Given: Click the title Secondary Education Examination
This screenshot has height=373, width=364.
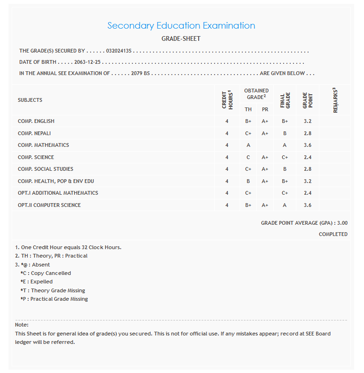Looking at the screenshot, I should (181, 26).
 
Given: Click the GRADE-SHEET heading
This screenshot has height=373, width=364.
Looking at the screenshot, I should (181, 39).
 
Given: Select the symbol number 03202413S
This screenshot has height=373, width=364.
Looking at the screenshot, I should (119, 51).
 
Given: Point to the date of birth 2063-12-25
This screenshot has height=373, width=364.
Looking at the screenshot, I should (88, 62).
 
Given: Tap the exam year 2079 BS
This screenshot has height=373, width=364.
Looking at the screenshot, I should (140, 74).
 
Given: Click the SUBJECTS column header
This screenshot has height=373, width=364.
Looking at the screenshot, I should (30, 100).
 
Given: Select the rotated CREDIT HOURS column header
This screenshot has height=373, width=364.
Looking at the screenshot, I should (227, 99).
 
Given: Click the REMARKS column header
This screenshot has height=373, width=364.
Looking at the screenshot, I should (335, 99).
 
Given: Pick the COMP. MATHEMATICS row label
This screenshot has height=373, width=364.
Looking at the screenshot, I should (43, 145).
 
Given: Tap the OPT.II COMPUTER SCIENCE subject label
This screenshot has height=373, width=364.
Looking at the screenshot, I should (49, 205).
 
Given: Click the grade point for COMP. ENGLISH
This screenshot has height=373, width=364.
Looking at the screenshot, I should (308, 122).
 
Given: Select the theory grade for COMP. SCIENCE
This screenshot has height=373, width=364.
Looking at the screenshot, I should (248, 158).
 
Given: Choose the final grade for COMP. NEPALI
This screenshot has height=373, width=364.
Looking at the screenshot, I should (285, 133).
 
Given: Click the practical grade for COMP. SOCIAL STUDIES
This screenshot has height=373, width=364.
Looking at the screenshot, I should (265, 169).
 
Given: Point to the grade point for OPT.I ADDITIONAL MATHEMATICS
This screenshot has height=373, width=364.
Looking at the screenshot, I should (308, 193).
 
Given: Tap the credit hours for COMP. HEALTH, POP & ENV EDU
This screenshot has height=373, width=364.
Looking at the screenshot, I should (227, 181).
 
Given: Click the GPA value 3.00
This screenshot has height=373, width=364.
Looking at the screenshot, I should (342, 223).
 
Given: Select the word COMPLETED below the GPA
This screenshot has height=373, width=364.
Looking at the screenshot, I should (333, 234).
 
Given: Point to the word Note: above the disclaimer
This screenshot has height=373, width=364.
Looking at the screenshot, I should (22, 325).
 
